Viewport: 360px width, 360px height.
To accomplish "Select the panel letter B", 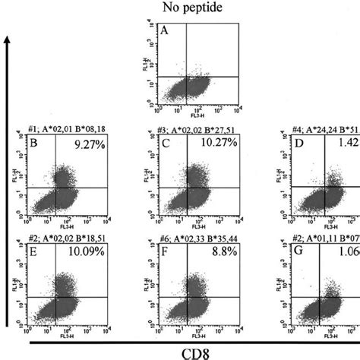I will click(33, 143).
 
